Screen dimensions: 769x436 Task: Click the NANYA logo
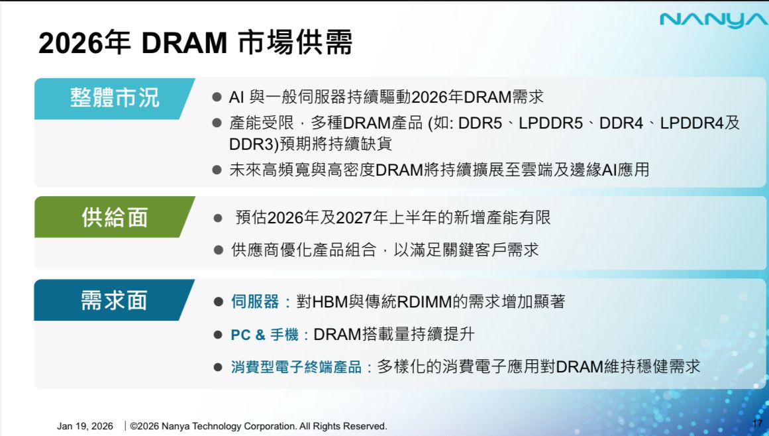[714, 20]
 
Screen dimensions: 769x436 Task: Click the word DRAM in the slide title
[184, 43]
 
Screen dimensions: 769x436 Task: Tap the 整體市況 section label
[115, 98]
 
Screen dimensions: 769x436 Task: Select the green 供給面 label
[115, 217]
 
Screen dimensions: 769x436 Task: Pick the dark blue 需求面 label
[115, 300]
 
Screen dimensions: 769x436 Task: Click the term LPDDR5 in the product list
[551, 123]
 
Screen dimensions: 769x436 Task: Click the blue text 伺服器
[255, 301]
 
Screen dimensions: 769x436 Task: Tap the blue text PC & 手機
[264, 335]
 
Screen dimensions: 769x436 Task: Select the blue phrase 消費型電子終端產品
[296, 367]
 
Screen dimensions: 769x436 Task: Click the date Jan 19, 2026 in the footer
[85, 426]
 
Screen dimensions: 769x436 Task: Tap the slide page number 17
[758, 423]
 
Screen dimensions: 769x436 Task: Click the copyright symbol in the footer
[133, 426]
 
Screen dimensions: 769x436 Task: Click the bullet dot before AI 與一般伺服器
[217, 97]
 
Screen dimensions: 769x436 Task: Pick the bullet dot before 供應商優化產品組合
[219, 250]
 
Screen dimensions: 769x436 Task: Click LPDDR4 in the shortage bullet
[692, 123]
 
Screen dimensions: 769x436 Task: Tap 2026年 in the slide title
[84, 43]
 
